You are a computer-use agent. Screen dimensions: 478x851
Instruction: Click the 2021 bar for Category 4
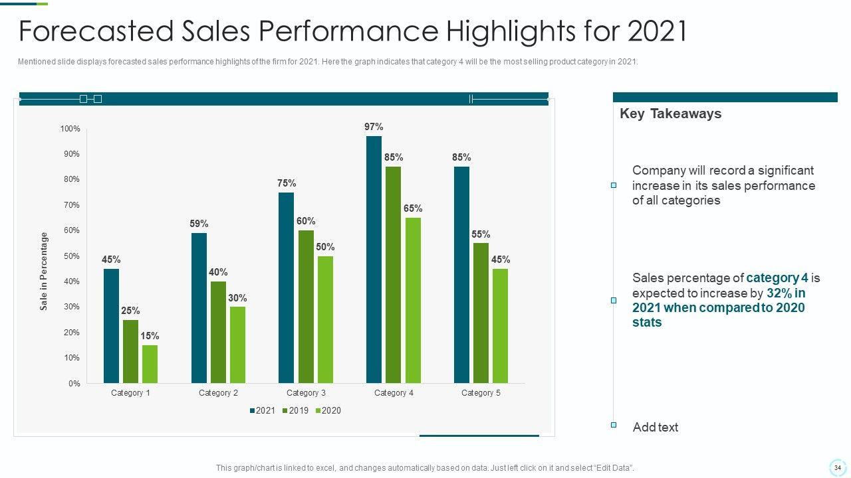374,260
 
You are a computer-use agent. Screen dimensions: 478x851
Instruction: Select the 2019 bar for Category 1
130,351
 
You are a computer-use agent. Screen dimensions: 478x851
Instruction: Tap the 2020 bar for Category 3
325,319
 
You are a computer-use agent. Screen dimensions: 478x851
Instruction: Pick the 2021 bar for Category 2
199,308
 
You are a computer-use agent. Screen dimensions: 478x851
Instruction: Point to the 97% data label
374,127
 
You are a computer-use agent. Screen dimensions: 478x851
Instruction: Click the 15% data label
150,336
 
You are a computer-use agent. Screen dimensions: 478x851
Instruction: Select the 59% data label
199,224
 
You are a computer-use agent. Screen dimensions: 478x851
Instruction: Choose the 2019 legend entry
295,411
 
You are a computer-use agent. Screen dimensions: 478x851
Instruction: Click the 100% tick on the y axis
70,129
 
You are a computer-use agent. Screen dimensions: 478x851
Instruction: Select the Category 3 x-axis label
306,393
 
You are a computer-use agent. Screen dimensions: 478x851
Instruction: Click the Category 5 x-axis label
481,393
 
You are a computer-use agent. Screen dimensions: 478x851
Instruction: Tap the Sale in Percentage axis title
44,271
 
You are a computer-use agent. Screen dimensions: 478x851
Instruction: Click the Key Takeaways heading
670,114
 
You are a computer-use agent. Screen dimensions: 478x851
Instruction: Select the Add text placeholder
655,428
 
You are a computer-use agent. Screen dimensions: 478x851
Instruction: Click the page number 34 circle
837,467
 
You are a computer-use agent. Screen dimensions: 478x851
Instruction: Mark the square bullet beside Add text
614,425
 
